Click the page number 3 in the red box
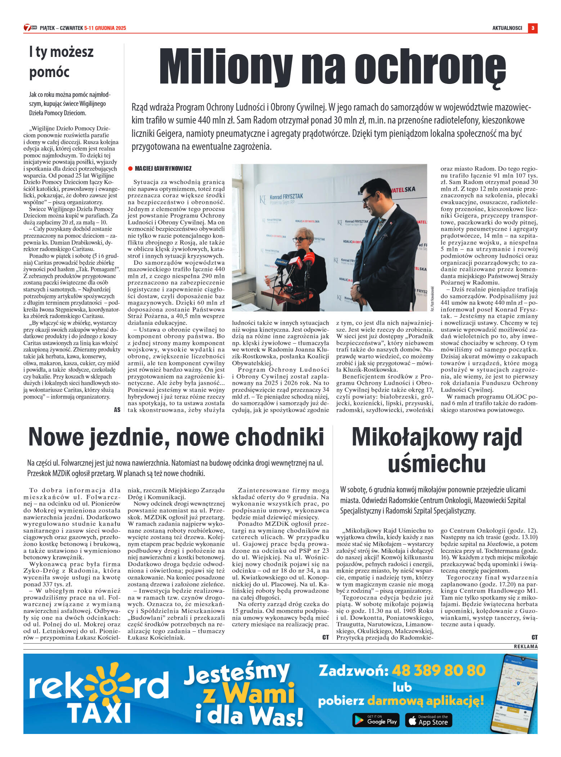click(x=532, y=28)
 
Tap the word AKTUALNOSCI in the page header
click(x=507, y=28)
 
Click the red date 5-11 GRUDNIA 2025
click(x=105, y=28)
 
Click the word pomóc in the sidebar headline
click(x=49, y=72)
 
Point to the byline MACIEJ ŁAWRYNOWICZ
click(x=163, y=169)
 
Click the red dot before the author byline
click(x=130, y=169)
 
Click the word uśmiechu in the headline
click(x=437, y=463)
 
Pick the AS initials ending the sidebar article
click(x=117, y=410)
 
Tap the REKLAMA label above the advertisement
click(x=526, y=647)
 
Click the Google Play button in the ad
click(x=376, y=720)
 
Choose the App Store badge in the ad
click(x=428, y=720)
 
